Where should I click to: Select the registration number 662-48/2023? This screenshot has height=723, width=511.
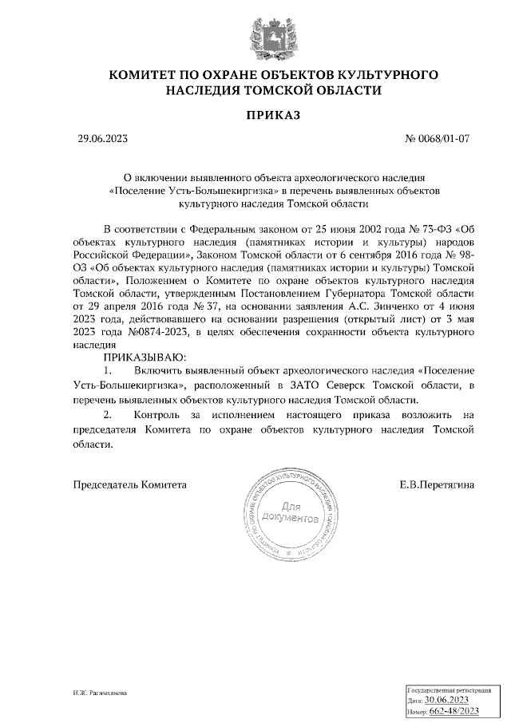455,709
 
